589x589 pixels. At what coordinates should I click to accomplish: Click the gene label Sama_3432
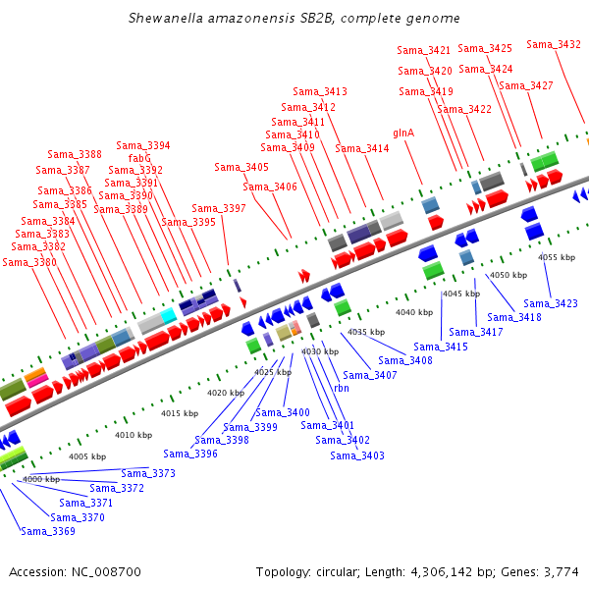click(554, 44)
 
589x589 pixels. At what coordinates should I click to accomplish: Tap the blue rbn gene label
click(342, 388)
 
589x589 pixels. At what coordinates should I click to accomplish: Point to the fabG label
click(139, 158)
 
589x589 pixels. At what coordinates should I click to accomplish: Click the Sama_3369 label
click(48, 531)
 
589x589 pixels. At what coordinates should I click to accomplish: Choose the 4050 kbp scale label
click(507, 275)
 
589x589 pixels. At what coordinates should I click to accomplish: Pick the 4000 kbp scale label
click(41, 479)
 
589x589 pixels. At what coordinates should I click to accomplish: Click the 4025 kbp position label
click(273, 372)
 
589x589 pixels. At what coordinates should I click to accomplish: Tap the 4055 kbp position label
click(555, 257)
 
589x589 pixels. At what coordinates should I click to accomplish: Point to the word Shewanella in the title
click(161, 19)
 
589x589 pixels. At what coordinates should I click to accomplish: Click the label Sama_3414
click(362, 148)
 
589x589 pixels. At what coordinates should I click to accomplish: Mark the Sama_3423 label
click(551, 303)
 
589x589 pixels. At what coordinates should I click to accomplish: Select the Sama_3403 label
click(357, 455)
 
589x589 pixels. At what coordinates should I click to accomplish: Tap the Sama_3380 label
click(30, 262)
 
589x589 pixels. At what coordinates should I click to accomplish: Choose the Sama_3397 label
click(219, 208)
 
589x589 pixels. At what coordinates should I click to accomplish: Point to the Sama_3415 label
click(441, 347)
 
